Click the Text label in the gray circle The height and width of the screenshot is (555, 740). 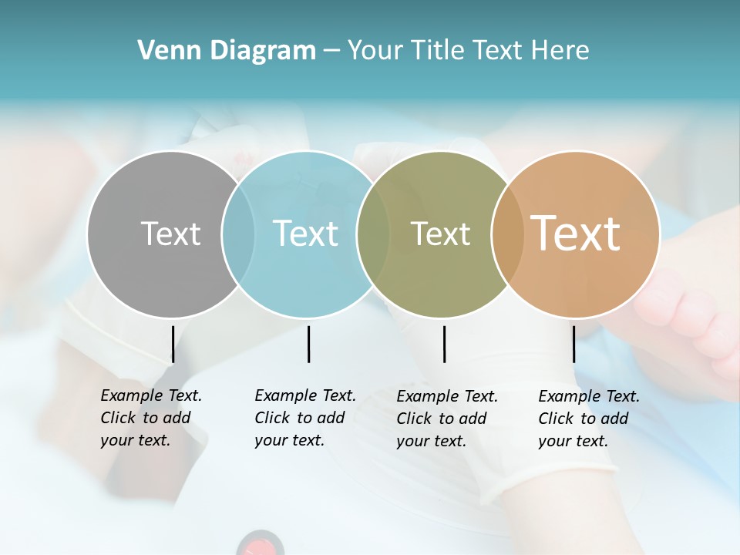170,234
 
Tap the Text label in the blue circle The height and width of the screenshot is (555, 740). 305,234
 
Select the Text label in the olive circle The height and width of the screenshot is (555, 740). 440,234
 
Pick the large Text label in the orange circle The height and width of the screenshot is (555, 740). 576,234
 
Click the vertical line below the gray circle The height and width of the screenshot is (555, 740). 173,344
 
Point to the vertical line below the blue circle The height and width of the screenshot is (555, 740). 308,344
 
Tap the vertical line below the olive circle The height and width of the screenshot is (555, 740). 444,344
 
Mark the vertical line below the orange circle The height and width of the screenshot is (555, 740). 573,344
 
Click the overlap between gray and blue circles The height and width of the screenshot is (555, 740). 238,234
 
